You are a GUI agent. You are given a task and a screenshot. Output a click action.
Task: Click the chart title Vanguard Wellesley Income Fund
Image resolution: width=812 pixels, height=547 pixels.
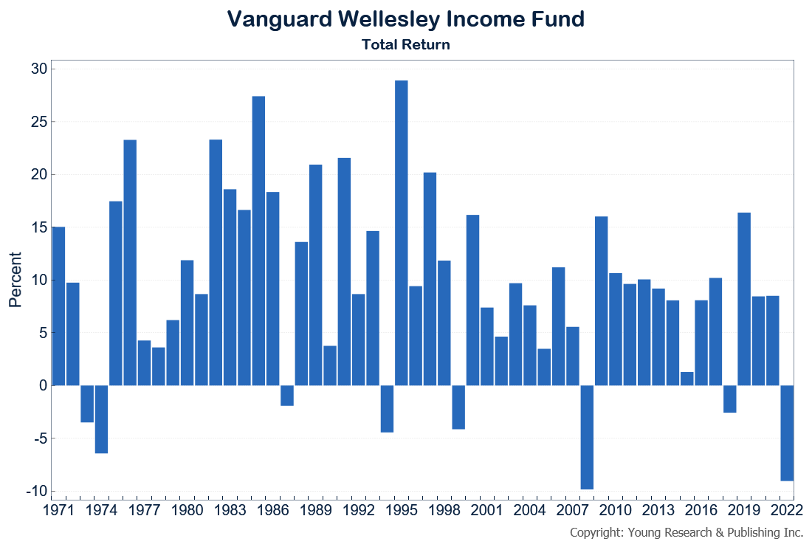pyautogui.click(x=405, y=19)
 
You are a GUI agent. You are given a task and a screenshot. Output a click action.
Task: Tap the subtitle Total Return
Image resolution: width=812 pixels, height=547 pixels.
pyautogui.click(x=405, y=44)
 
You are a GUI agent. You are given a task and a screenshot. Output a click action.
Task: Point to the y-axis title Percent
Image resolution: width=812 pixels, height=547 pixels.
pyautogui.click(x=16, y=280)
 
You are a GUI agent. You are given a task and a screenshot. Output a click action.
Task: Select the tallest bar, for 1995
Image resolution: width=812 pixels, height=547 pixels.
pyautogui.click(x=402, y=233)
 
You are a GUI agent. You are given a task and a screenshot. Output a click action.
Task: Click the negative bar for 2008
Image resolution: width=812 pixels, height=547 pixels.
pyautogui.click(x=588, y=437)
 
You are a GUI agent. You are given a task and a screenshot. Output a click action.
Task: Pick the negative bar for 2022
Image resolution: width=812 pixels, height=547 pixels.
pyautogui.click(x=787, y=433)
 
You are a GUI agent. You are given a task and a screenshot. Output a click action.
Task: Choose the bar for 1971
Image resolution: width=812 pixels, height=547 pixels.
pyautogui.click(x=58, y=306)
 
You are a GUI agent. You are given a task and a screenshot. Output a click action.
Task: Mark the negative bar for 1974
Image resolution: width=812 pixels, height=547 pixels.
pyautogui.click(x=101, y=419)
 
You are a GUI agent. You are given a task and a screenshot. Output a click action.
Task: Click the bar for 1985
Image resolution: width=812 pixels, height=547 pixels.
pyautogui.click(x=258, y=241)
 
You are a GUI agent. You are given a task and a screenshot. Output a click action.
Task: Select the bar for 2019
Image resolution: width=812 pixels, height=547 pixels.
pyautogui.click(x=744, y=299)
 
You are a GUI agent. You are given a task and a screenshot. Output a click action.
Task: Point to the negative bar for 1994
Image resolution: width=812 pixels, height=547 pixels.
pyautogui.click(x=387, y=409)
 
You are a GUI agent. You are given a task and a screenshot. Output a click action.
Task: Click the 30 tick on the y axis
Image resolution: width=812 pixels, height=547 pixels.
pyautogui.click(x=38, y=69)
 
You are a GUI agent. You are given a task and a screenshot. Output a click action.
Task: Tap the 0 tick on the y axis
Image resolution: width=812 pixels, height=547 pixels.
pyautogui.click(x=42, y=386)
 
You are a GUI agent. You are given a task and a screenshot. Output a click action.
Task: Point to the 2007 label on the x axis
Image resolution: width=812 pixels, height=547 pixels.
pyautogui.click(x=573, y=509)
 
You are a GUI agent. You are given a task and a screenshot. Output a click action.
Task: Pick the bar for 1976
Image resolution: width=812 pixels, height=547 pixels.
pyautogui.click(x=130, y=263)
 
